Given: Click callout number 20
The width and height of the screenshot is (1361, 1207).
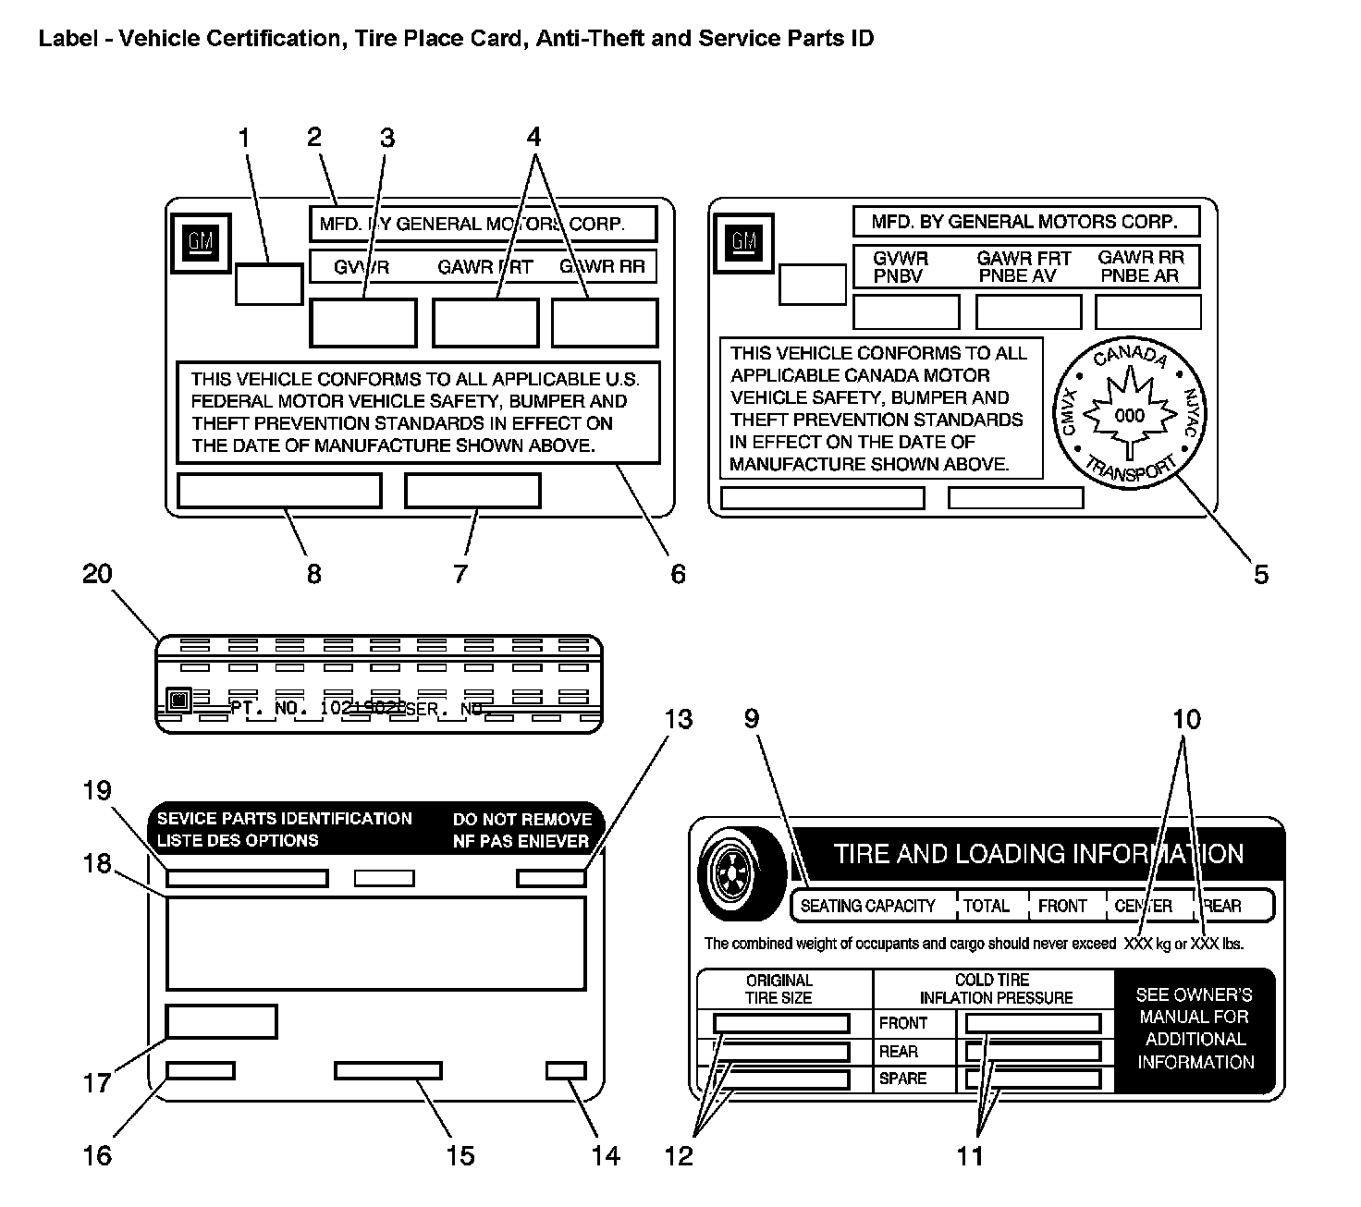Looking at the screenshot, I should pos(97,574).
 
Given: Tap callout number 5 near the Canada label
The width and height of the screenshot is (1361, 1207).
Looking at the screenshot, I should pos(1261,574).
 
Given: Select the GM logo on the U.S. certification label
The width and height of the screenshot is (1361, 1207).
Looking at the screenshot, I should pos(201,243).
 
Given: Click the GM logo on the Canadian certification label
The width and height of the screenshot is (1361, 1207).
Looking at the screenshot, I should pos(744,241).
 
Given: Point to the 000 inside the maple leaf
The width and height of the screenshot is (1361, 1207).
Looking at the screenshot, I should pos(1129,416).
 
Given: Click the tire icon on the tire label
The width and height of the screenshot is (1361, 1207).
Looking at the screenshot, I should pos(742,873).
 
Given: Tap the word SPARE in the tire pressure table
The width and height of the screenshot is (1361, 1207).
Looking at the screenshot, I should pos(902,1079).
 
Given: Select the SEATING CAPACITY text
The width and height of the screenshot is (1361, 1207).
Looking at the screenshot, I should pos(867,906).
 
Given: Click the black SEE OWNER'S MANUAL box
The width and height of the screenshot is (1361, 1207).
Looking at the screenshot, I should pos(1195,1029).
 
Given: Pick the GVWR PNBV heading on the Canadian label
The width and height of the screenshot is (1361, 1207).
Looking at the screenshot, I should pos(901,267).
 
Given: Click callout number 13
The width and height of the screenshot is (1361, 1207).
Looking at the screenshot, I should pos(679,719).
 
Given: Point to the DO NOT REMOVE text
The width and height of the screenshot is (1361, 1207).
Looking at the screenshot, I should pos(521,819).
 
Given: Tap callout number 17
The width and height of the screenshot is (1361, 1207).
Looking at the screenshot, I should pos(97,1082).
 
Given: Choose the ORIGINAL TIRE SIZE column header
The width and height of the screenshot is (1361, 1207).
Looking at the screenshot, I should pos(779,989).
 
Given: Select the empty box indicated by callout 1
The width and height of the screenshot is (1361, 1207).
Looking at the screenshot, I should pos(269,284).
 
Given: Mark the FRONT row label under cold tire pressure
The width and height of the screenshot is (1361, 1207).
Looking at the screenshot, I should pos(902,1023).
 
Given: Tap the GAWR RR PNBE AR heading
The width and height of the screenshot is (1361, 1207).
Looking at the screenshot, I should pos(1141,267).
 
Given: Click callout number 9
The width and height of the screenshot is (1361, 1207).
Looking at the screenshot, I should pos(751,719).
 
